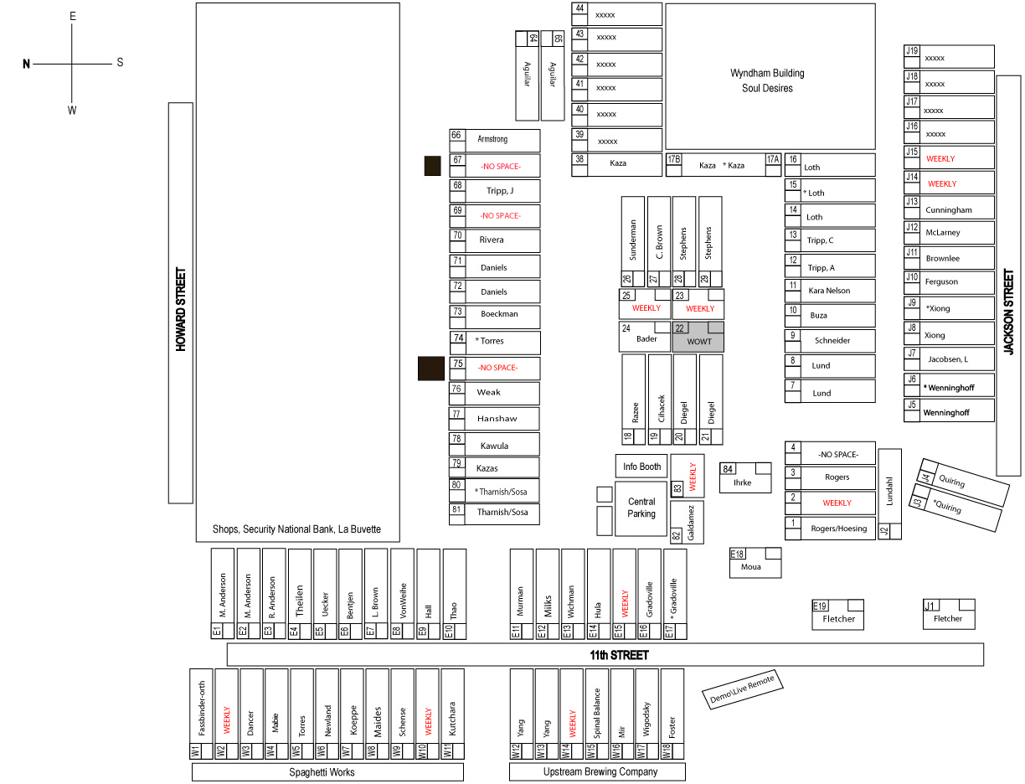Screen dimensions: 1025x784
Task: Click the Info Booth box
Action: click(641, 467)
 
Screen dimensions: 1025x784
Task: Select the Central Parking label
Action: click(641, 508)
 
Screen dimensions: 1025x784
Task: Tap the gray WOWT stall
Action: click(698, 337)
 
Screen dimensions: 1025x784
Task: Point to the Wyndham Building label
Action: click(767, 74)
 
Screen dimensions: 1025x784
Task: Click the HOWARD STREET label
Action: click(181, 309)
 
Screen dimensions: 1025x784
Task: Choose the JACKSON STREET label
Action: click(1008, 312)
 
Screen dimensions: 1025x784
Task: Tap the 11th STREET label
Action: click(619, 655)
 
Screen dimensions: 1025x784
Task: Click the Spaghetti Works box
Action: click(327, 772)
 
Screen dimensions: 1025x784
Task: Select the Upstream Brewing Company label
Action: click(600, 771)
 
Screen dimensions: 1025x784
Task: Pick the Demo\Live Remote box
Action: click(743, 689)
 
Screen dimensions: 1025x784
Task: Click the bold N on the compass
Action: click(26, 64)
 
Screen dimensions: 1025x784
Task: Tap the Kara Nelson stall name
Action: click(829, 291)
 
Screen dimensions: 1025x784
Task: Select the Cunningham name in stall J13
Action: click(949, 210)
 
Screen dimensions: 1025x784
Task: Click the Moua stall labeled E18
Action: click(755, 563)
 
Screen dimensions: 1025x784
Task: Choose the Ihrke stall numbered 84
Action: click(745, 477)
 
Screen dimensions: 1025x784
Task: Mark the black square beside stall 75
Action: click(431, 369)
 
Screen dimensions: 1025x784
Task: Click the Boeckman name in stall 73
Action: click(499, 314)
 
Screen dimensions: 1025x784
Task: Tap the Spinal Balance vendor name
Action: click(596, 714)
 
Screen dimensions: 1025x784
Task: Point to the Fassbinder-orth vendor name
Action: click(202, 709)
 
